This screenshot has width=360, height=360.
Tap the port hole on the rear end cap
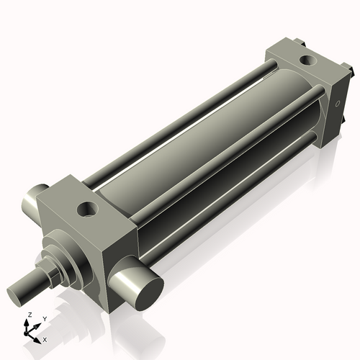(x=306, y=60)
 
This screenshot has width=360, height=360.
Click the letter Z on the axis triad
(x=29, y=315)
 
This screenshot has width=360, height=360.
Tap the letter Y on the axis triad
(x=44, y=318)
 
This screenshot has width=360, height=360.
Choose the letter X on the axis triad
(x=45, y=338)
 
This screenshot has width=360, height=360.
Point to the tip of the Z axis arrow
(x=29, y=321)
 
